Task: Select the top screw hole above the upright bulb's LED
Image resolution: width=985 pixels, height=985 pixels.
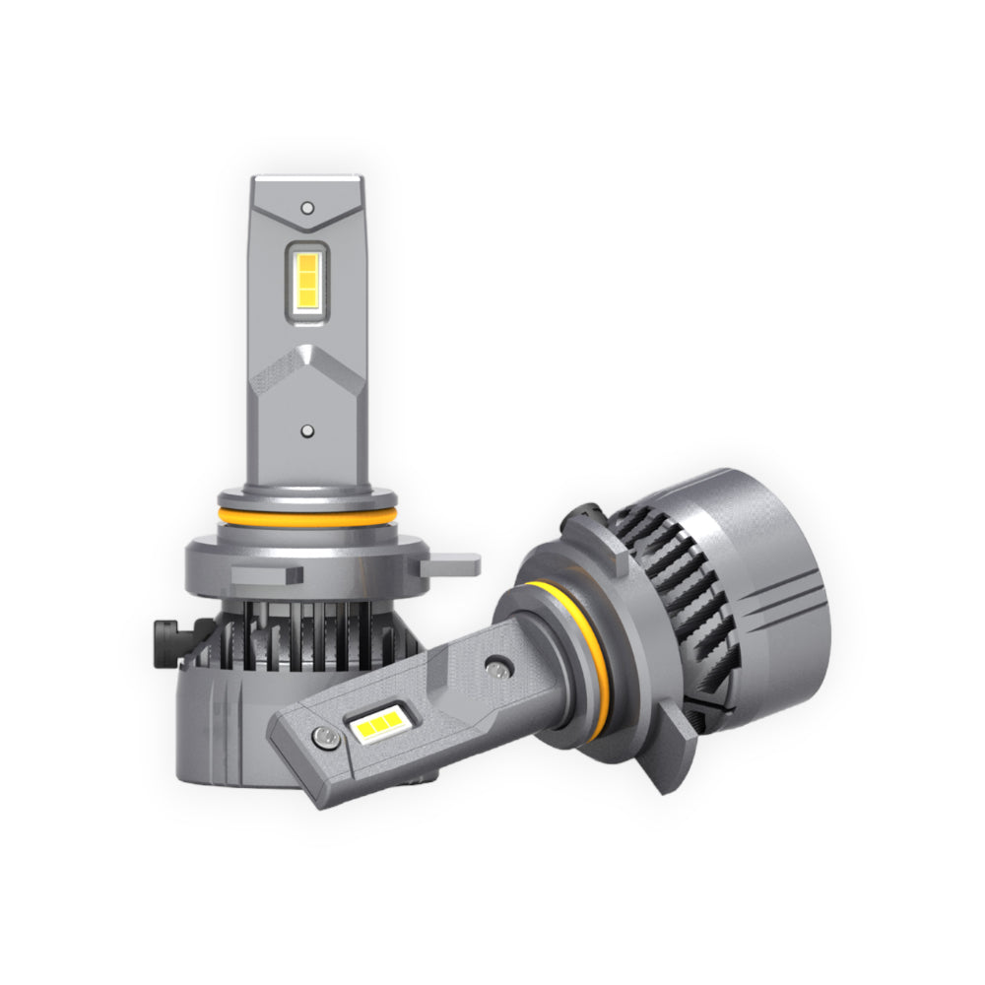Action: pos(307,208)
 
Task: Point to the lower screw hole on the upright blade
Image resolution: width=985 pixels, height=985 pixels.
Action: pos(307,431)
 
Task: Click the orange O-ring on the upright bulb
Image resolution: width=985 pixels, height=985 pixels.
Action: pos(308,516)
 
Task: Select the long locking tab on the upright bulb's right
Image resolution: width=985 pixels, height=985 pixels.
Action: pos(449,565)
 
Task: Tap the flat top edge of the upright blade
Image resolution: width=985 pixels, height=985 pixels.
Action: pos(307,180)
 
